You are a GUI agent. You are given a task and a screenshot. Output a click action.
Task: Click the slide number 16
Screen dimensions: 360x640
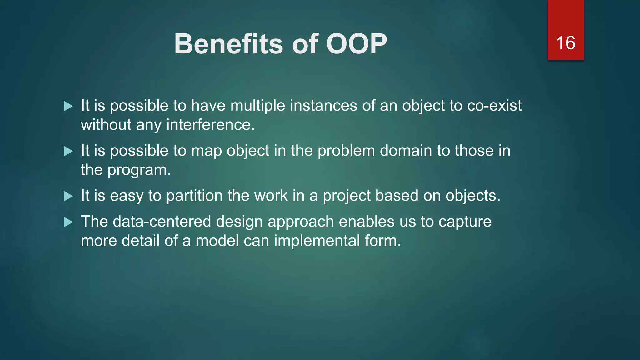point(566,43)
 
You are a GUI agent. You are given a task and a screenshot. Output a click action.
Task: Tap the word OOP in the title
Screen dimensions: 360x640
point(356,44)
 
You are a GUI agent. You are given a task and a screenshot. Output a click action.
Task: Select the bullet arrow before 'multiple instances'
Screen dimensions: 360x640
point(68,106)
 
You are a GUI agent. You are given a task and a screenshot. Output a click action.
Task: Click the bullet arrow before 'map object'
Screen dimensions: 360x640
point(68,151)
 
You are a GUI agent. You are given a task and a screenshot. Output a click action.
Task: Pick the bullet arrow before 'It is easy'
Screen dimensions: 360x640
point(68,196)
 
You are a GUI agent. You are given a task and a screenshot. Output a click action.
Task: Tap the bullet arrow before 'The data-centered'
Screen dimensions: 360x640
point(68,222)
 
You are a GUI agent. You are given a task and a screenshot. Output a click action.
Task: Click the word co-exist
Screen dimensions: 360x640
point(494,106)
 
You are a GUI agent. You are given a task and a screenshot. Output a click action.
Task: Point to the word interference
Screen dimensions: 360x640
point(210,125)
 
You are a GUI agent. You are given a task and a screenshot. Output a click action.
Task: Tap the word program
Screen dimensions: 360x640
point(139,171)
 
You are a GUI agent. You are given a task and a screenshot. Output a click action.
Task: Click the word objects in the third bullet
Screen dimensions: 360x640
point(473,196)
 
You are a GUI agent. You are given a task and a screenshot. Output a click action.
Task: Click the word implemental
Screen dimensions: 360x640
point(317,241)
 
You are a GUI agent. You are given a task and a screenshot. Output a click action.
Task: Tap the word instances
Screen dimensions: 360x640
point(323,106)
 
